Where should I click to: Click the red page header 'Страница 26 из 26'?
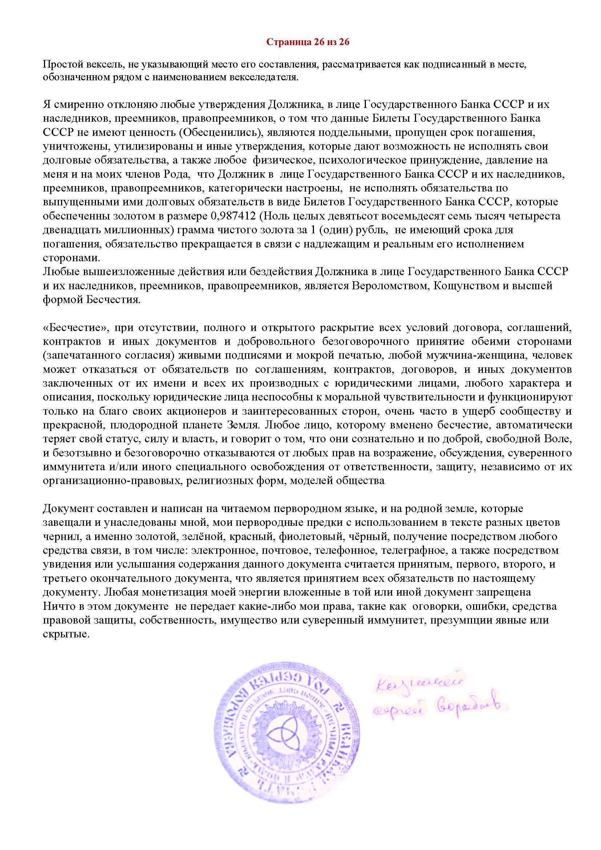307,42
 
